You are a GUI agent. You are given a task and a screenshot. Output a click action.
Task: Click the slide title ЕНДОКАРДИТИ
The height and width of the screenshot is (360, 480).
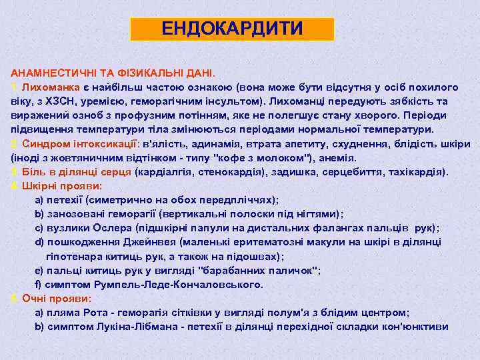pyautogui.click(x=231, y=29)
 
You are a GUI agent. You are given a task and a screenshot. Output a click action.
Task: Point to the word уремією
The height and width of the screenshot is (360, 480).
pyautogui.click(x=109, y=101)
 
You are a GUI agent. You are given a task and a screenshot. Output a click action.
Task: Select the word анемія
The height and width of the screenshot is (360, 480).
pyautogui.click(x=337, y=158)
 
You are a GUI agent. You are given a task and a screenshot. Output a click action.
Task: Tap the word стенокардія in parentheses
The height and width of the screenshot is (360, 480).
pyautogui.click(x=221, y=172)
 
